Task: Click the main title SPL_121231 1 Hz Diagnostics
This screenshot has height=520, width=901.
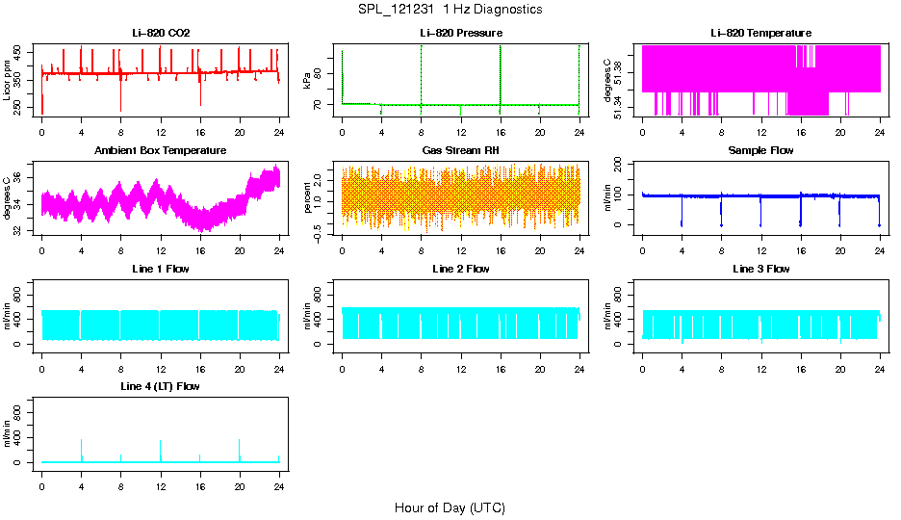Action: pos(450,10)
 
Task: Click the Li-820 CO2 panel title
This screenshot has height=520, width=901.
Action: pos(161,33)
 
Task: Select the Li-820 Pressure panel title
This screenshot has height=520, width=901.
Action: pos(460,33)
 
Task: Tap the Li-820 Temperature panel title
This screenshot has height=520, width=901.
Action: pos(760,33)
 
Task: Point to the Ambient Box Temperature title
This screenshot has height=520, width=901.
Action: pos(161,151)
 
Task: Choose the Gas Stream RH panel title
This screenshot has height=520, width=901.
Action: pos(460,151)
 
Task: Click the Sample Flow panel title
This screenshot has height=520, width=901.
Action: pos(760,151)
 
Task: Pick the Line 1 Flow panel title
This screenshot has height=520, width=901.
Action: pos(161,269)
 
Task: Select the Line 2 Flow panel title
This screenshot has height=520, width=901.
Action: pos(460,269)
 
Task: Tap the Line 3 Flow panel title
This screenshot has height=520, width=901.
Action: pos(760,269)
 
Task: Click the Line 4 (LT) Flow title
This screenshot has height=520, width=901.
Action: pos(161,387)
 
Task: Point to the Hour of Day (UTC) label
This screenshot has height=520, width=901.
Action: pos(450,507)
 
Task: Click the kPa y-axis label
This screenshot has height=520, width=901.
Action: pos(307,81)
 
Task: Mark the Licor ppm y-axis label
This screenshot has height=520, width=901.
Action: pos(8,81)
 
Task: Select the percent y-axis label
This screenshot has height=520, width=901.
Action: pos(307,199)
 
